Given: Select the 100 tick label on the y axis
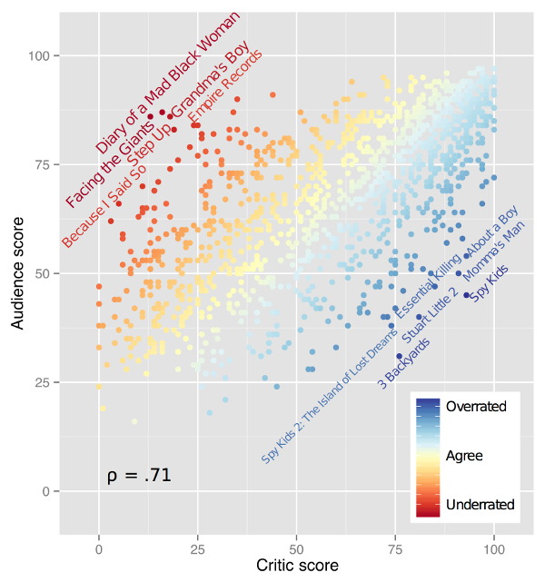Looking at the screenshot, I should [38, 56].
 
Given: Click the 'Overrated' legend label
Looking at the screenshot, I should [476, 407].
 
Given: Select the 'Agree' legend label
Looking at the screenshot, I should [464, 456].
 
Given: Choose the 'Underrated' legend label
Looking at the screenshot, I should [479, 504].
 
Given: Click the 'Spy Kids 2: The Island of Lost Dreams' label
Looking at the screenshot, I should [329, 396].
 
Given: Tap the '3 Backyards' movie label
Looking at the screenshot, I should [403, 363].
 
